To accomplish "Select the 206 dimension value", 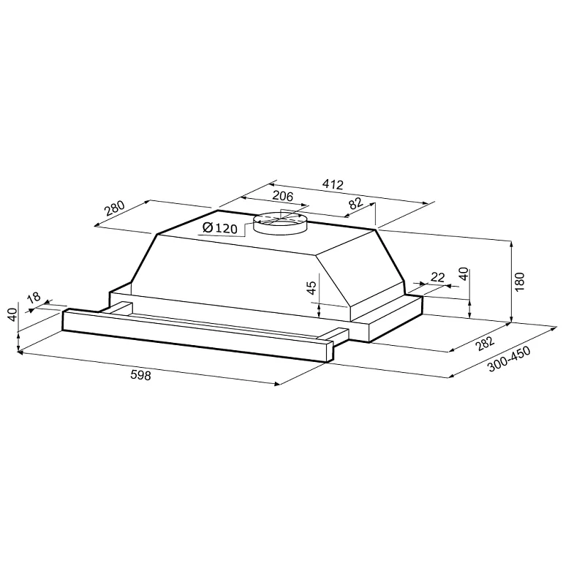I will pos(283,196).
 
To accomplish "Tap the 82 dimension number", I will pos(355,204).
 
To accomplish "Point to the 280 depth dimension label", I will pos(116,209).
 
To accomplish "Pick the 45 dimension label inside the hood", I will pos(312,288).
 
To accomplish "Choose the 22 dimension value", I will pos(438,276).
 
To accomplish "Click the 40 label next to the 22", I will pos(463,275).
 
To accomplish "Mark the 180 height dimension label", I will pos(520,282).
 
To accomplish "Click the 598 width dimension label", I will pos(140,377).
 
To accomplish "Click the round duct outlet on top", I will pos(281,223).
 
